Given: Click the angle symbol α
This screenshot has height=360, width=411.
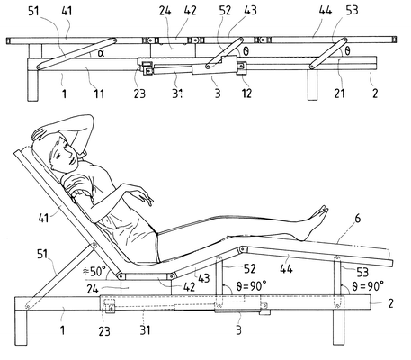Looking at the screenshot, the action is click(x=101, y=53).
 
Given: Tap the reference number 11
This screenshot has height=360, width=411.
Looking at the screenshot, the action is click(x=99, y=94).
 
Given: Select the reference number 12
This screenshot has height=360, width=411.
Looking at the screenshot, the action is click(x=246, y=94).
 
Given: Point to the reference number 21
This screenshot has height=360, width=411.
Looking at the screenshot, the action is click(x=339, y=94).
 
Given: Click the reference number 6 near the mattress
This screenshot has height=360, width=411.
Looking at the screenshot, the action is click(x=358, y=219).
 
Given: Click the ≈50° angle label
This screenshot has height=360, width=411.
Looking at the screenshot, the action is click(x=94, y=272).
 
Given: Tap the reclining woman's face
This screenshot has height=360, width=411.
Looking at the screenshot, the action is click(x=62, y=154).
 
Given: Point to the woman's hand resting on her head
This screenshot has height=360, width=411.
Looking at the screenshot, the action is click(x=41, y=134).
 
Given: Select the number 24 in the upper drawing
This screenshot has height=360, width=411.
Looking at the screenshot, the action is click(x=165, y=11).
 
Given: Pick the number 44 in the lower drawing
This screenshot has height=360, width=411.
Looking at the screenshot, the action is click(x=286, y=268).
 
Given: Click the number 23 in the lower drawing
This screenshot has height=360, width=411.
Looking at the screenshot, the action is click(x=104, y=331).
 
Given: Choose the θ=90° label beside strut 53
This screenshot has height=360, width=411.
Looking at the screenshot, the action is click(x=368, y=286).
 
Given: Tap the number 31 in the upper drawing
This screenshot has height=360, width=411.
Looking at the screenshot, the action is click(x=177, y=94).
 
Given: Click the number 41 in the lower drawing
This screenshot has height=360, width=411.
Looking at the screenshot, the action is click(x=44, y=218).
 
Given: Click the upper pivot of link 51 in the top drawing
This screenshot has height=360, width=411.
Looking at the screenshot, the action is click(x=114, y=40).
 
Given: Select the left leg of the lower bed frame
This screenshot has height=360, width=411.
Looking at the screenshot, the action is click(x=22, y=328).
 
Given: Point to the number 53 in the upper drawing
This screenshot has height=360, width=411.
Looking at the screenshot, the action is click(x=352, y=11).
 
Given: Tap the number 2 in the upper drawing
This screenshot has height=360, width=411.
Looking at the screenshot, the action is click(x=375, y=94).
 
